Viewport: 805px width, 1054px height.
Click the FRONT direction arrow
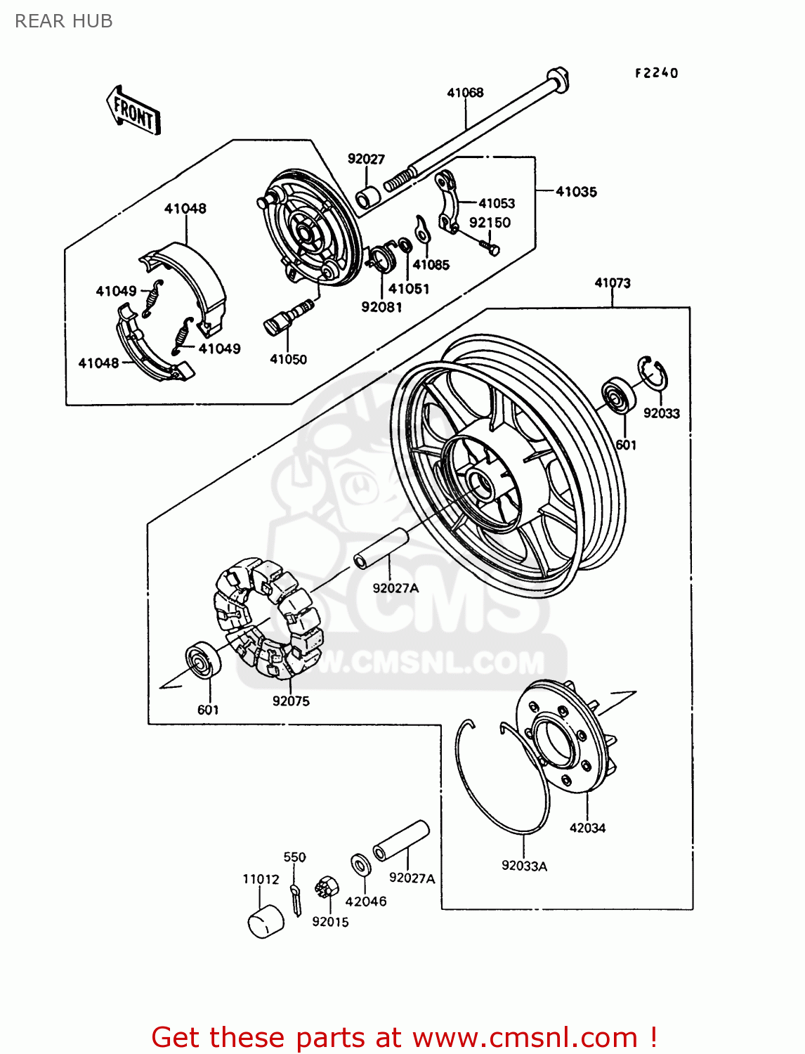coord(133,111)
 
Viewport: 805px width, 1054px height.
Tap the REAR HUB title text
coord(64,21)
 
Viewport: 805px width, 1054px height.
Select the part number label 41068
coord(465,92)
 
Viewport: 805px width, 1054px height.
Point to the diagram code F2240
coord(656,73)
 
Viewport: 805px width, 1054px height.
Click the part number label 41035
coord(576,191)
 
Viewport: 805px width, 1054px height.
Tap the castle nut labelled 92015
coord(327,888)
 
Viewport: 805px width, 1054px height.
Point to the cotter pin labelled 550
coord(296,899)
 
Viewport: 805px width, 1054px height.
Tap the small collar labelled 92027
coord(367,196)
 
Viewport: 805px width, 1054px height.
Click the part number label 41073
coord(613,282)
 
